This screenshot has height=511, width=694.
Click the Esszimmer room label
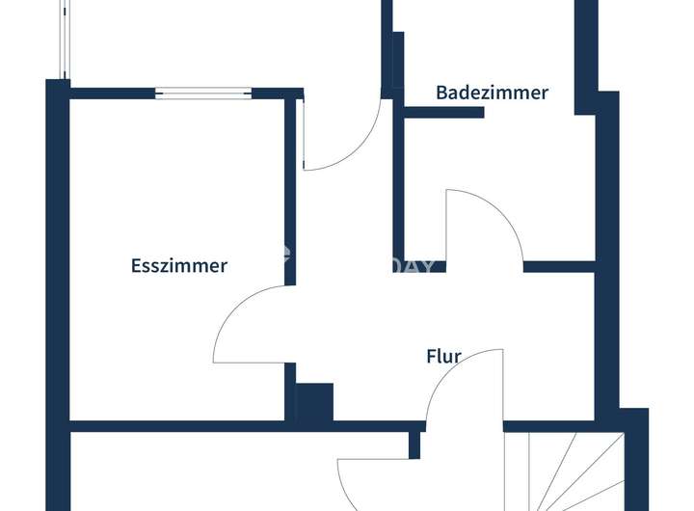pyautogui.click(x=179, y=266)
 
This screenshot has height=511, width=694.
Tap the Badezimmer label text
pyautogui.click(x=492, y=94)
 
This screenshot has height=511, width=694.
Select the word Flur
pyautogui.click(x=443, y=357)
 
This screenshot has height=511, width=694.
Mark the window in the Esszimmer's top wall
pyautogui.click(x=203, y=94)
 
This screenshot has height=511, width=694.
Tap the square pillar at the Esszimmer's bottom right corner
pyautogui.click(x=313, y=401)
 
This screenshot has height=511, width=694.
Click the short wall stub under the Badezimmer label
pyautogui.click(x=443, y=113)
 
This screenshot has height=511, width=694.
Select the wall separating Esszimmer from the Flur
pyautogui.click(x=289, y=193)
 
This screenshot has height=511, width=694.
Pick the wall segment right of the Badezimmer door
pyautogui.click(x=559, y=266)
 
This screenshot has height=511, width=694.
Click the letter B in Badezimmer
pyautogui.click(x=442, y=94)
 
